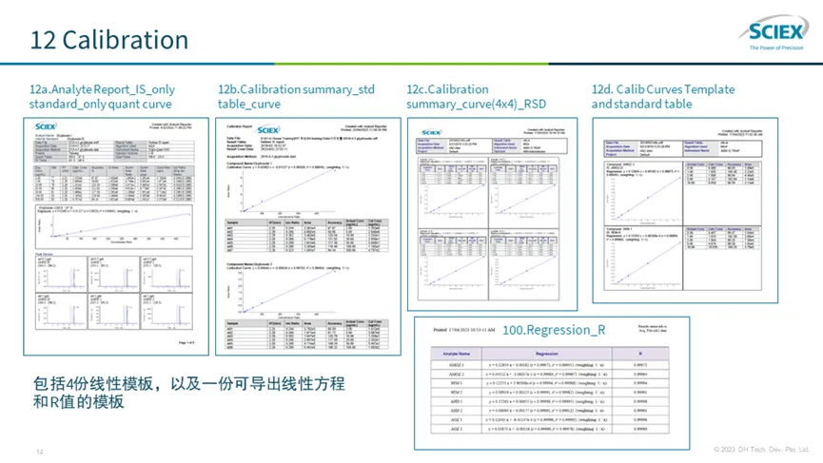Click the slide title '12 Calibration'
click(109, 40)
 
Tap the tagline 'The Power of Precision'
click(776, 47)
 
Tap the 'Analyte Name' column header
click(452, 352)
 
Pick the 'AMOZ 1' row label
click(452, 364)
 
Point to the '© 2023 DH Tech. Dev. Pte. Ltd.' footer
click(761, 449)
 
